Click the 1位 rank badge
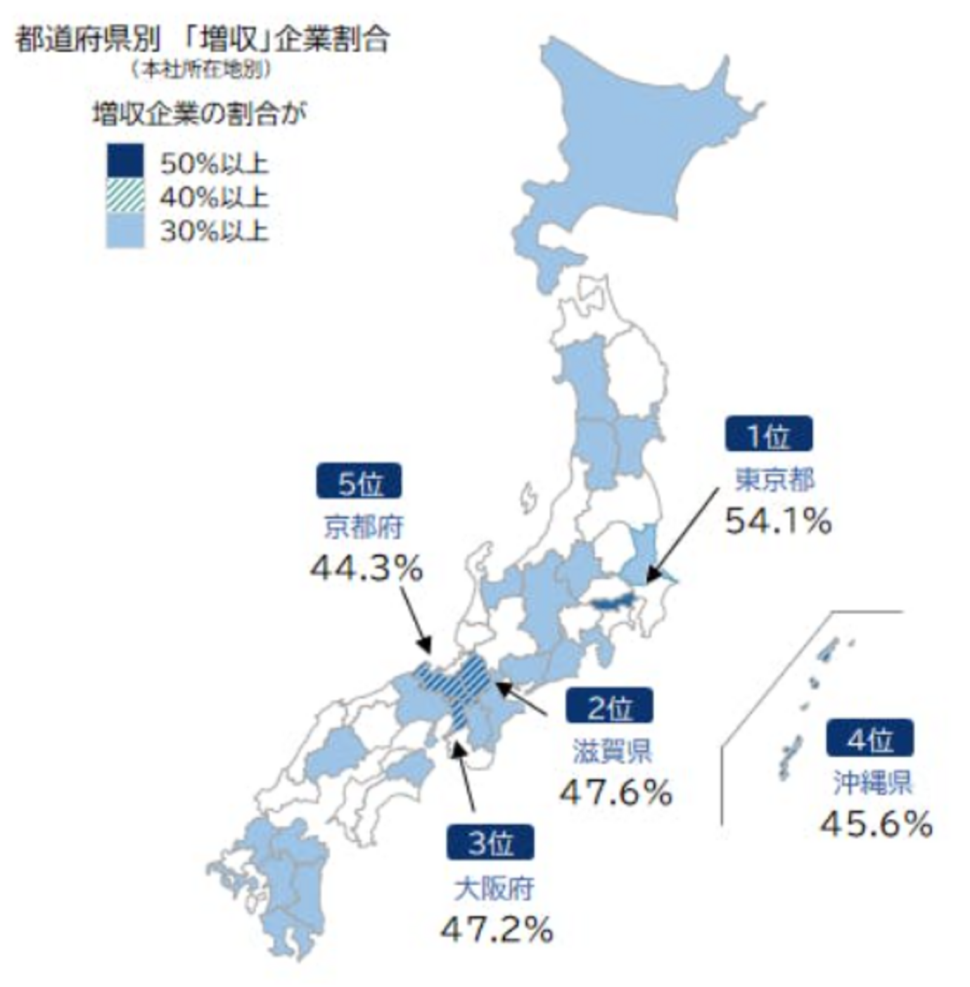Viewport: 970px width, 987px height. click(768, 434)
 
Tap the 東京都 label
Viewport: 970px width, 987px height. click(774, 479)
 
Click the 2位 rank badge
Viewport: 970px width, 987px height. click(609, 705)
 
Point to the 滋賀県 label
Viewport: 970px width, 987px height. click(612, 751)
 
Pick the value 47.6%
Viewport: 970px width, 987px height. click(615, 792)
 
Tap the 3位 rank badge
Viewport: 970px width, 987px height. click(490, 842)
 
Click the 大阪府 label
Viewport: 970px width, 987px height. click(493, 888)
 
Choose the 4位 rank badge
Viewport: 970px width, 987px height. click(869, 737)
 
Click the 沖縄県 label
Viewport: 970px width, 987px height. click(872, 783)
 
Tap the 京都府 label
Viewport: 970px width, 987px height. click(363, 527)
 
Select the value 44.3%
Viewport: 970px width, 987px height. click(366, 568)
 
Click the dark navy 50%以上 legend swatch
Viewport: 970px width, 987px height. click(125, 161)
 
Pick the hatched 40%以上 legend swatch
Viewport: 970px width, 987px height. click(125, 195)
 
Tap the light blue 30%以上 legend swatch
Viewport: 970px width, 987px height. click(125, 230)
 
